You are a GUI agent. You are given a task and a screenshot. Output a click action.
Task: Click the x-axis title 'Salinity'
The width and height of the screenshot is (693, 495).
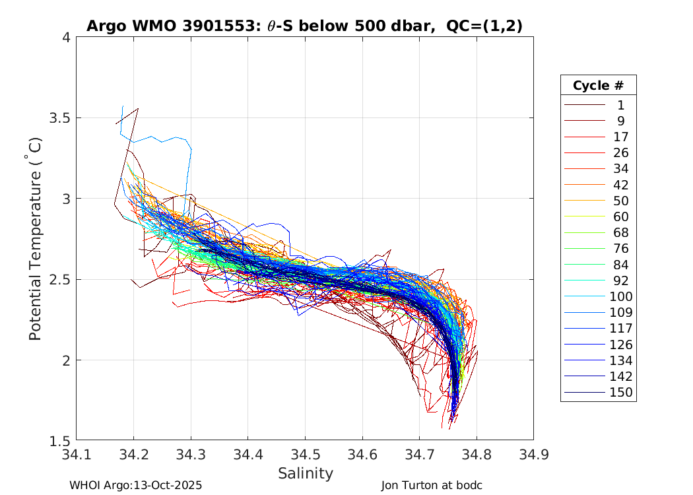pos(305,473)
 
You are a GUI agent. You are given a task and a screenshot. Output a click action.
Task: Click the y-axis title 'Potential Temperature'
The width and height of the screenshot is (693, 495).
pos(36,238)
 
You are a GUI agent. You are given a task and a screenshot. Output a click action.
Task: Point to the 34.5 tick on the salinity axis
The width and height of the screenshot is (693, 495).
pos(305,454)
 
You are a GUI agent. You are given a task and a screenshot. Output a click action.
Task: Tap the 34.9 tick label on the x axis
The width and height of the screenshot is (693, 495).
pos(533,454)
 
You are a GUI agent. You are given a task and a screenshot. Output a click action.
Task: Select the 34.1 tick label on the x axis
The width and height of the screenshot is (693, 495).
pos(77,454)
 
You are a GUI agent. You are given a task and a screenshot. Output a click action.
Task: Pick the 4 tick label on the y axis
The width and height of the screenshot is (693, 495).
pos(66,38)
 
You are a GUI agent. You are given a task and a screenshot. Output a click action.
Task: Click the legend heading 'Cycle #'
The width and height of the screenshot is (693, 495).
pos(598,86)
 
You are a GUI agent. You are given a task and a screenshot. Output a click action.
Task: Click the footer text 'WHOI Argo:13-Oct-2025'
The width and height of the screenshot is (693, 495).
pos(135,485)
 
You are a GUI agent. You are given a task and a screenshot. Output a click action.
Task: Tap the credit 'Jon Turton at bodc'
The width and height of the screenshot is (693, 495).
pos(432,485)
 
